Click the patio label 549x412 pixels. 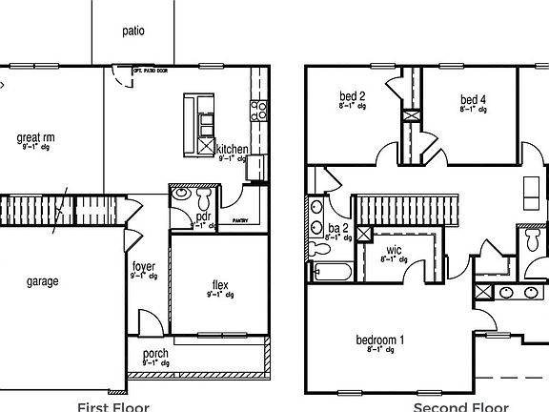tap(133, 31)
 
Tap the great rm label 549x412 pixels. tap(35, 138)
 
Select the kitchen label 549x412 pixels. tap(233, 150)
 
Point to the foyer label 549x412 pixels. tap(144, 267)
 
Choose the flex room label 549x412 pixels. tap(220, 284)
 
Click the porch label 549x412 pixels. tap(155, 354)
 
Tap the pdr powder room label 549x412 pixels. tap(203, 216)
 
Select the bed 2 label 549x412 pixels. tap(353, 97)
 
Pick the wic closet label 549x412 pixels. tap(393, 253)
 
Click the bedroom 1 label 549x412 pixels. tap(380, 340)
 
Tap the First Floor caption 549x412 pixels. tap(112, 406)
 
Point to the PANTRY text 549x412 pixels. tap(239, 220)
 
